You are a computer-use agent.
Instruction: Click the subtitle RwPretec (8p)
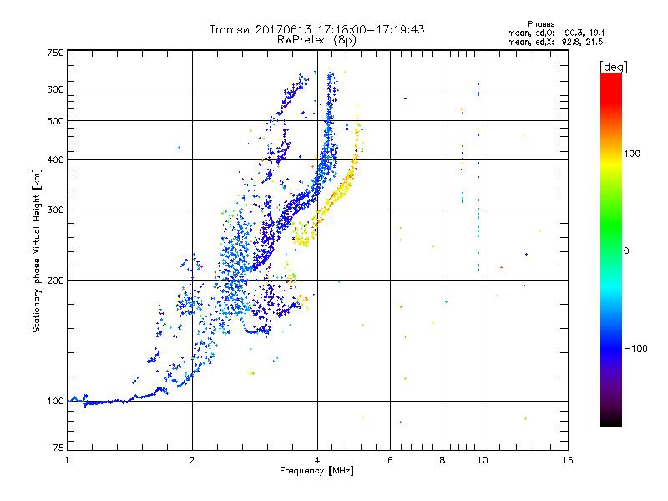point(316,39)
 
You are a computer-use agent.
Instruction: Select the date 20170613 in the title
point(282,29)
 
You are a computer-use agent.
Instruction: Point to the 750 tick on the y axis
point(55,53)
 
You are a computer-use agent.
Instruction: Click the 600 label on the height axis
point(55,89)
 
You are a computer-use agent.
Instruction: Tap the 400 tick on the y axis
point(55,159)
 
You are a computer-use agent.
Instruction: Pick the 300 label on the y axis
point(55,210)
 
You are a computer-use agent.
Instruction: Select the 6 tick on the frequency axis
point(391,461)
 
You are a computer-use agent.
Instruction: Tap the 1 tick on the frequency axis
point(67,461)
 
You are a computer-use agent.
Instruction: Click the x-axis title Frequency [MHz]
point(317,472)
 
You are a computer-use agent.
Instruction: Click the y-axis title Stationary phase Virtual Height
point(37,250)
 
